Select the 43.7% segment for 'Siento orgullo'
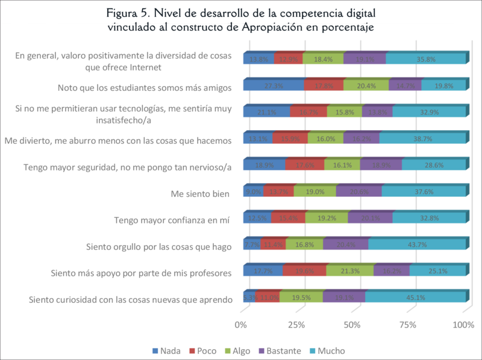pos(416,244)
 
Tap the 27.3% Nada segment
pos(274,85)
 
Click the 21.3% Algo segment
pos(349,271)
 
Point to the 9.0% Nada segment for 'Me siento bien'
pos(253,191)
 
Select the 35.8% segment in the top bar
pos(425,59)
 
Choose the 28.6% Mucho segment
pos(433,165)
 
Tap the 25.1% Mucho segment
pos(437,271)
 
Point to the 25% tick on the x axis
pos(296,326)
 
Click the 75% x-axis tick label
pos(407,326)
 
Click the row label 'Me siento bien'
pos(201,193)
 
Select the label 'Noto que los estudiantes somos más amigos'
pos(144,88)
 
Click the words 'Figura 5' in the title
pos(130,13)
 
